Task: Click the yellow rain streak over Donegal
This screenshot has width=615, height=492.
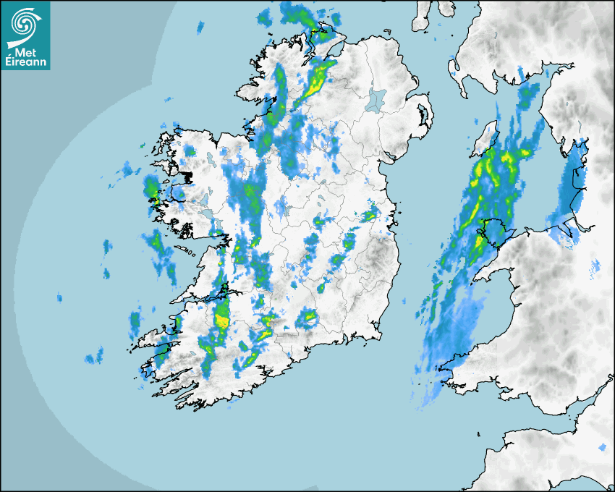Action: click(x=316, y=80)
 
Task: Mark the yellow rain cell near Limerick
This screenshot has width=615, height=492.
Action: click(x=222, y=316)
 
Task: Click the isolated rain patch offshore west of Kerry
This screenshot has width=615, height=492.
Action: click(x=94, y=355)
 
